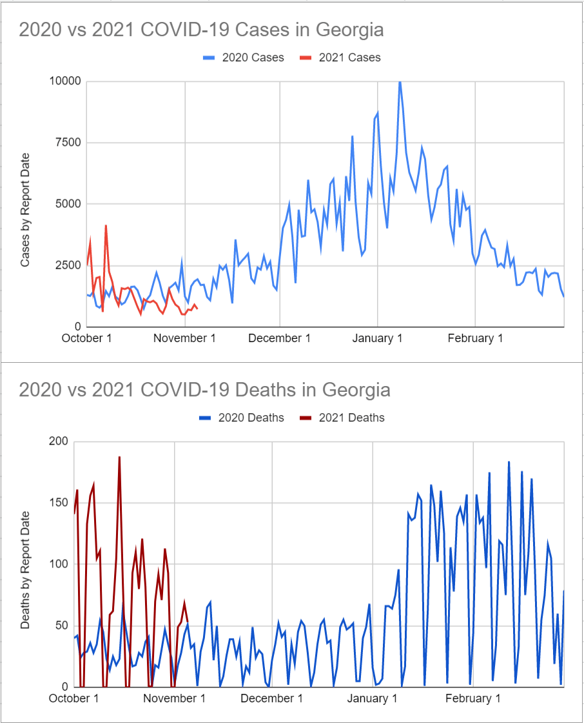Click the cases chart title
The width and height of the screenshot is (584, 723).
pos(201,30)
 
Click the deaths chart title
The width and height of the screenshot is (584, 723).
pos(204,390)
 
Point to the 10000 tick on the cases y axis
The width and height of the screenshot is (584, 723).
pos(64,81)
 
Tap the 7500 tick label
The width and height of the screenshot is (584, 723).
pos(67,143)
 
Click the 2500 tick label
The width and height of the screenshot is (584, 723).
pos(67,265)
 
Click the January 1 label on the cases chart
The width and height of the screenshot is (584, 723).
pos(378,339)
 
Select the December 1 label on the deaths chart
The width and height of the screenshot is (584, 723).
pos(271,698)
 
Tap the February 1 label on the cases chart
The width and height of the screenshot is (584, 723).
pos(475,339)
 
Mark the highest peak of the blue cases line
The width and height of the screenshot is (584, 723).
pos(400,82)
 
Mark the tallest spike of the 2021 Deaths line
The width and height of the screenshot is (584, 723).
pos(119,457)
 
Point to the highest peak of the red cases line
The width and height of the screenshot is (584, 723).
pos(106,226)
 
